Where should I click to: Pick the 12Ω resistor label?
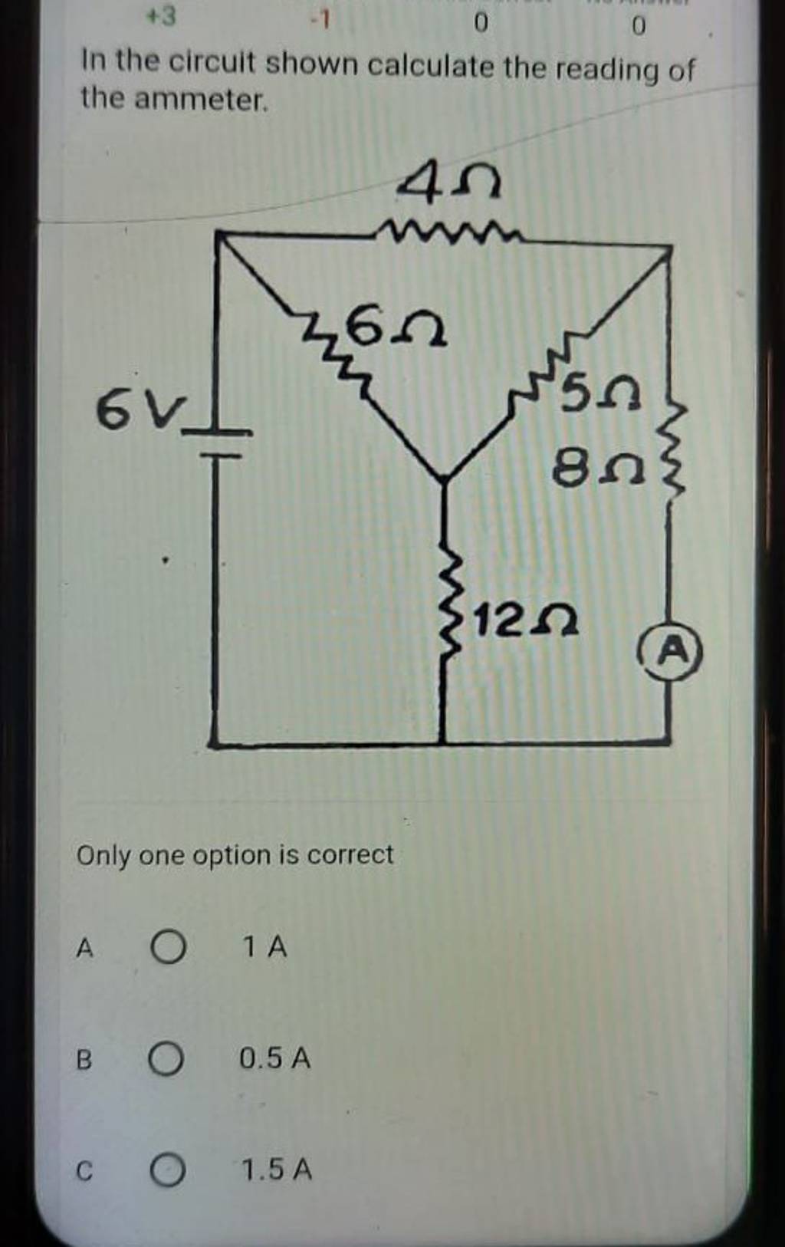[525, 620]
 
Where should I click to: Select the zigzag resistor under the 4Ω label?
[452, 230]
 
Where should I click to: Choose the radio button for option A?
[168, 948]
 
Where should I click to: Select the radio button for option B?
[166, 1059]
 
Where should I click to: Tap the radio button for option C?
[166, 1171]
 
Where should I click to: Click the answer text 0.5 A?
[274, 1059]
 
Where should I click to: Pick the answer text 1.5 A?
[276, 1170]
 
